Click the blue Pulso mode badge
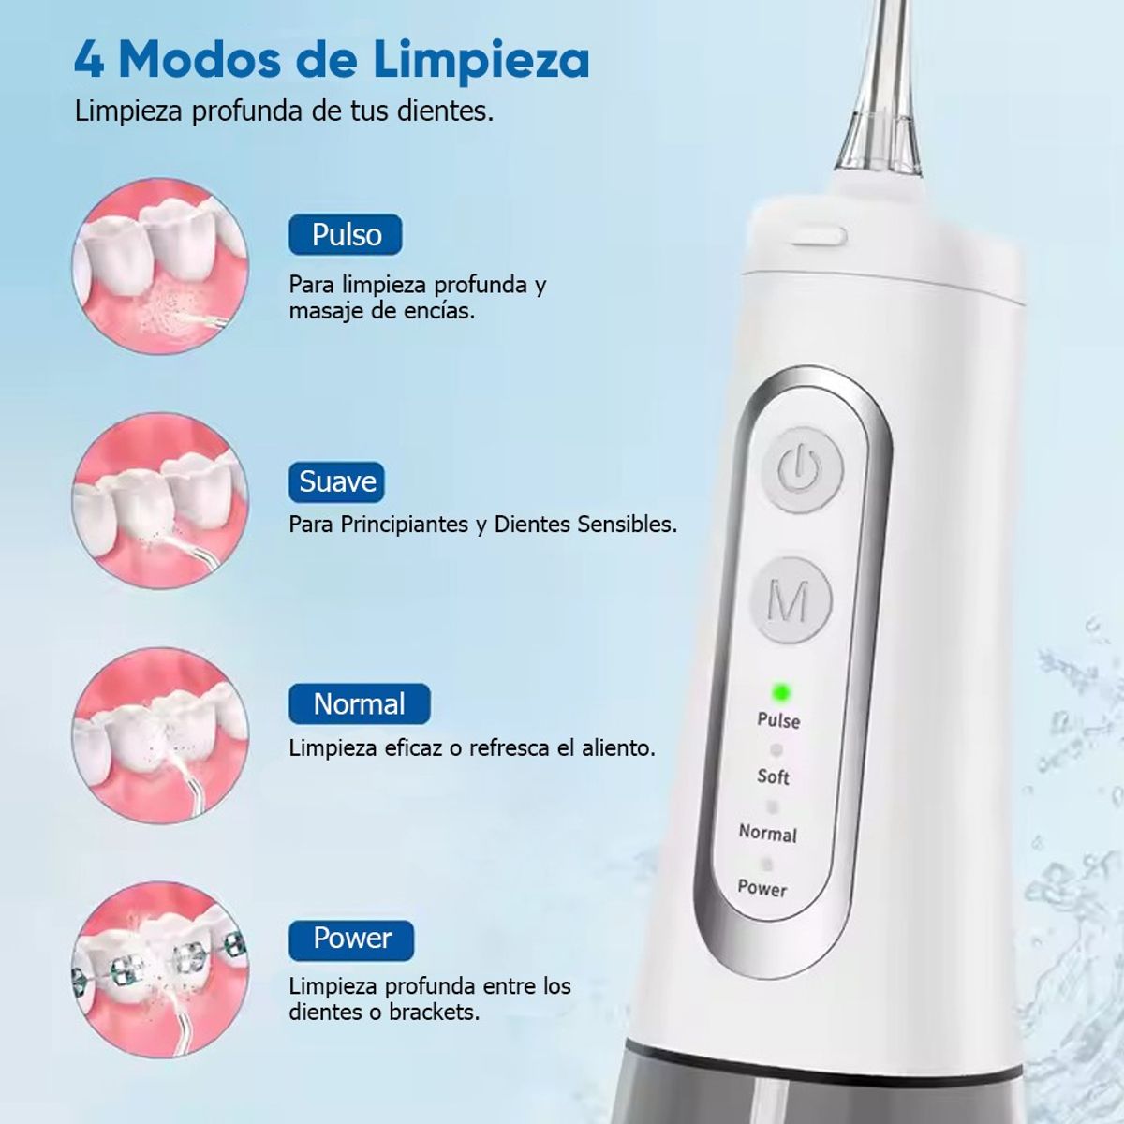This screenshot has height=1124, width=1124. (345, 235)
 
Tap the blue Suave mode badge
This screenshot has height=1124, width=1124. (336, 482)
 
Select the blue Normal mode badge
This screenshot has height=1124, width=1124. (359, 703)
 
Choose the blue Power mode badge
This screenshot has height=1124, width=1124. (351, 939)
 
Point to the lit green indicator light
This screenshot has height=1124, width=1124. (780, 694)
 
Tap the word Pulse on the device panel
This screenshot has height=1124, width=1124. (778, 720)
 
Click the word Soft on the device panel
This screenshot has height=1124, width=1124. (774, 776)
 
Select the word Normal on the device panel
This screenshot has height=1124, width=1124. (767, 833)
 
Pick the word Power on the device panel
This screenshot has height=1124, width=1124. (762, 888)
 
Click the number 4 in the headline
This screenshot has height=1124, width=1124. (89, 60)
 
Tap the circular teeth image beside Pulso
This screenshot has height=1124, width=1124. (160, 266)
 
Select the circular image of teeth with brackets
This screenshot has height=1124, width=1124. (160, 969)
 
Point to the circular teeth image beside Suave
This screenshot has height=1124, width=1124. (160, 500)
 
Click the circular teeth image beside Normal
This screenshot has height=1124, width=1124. (160, 734)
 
